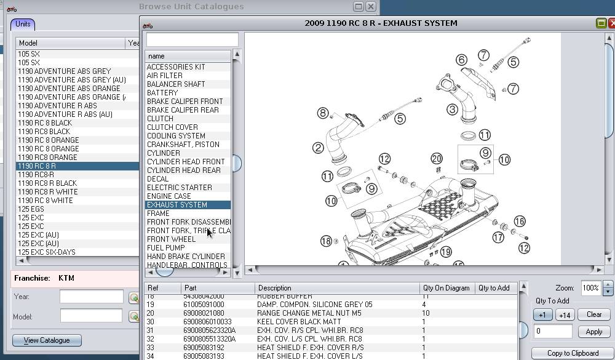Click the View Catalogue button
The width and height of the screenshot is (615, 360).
tap(47, 340)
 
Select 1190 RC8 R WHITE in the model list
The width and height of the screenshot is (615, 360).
tap(48, 191)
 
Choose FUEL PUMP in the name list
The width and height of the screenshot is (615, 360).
tap(165, 247)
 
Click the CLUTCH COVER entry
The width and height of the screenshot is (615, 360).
tap(172, 127)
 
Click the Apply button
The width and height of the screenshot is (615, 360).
tap(593, 332)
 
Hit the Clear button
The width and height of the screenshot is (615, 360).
tap(593, 314)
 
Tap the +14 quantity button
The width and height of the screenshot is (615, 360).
tap(564, 315)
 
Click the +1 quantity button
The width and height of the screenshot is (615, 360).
tap(542, 315)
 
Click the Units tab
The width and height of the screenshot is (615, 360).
tap(23, 24)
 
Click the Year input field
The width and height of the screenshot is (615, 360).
tap(91, 297)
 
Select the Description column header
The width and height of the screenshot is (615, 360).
tap(274, 287)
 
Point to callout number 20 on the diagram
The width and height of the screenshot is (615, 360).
tap(436, 159)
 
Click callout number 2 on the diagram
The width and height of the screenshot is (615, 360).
tap(318, 148)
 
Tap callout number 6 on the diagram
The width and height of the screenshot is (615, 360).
tap(461, 60)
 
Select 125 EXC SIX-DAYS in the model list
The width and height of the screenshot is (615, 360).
tap(47, 252)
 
